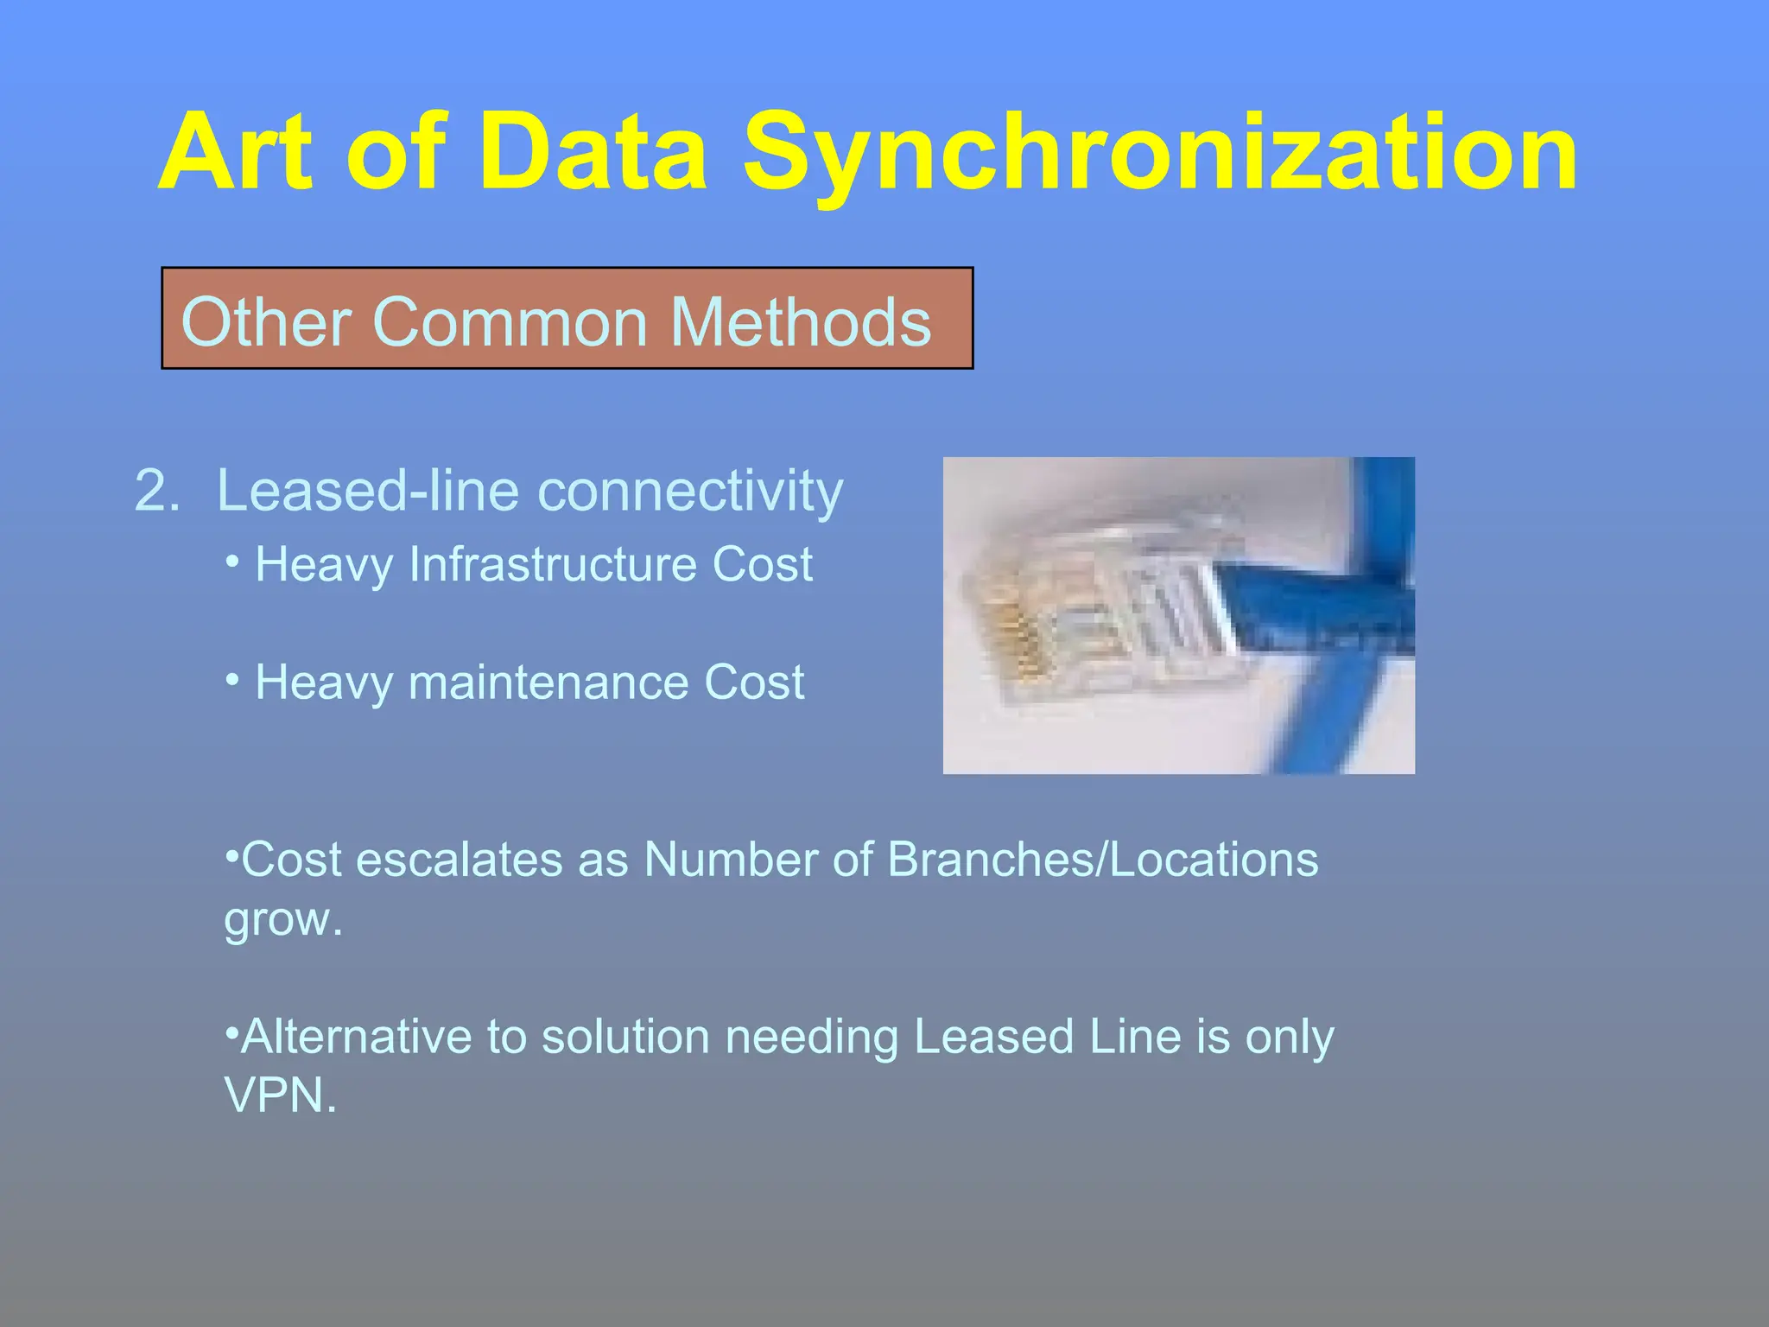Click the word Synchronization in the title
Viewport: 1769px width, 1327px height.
[1160, 154]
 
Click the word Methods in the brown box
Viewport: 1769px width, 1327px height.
[801, 322]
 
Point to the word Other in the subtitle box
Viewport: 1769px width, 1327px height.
[264, 322]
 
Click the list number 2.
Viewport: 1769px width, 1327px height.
[156, 491]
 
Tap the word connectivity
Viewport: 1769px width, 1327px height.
[690, 491]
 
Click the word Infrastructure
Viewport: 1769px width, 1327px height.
[552, 564]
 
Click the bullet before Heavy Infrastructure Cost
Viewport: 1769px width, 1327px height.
[231, 562]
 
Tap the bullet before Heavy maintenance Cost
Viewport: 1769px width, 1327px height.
[231, 680]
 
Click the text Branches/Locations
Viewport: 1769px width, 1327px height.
[1102, 860]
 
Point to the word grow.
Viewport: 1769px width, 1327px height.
[282, 919]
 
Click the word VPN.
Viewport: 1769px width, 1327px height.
[278, 1095]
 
